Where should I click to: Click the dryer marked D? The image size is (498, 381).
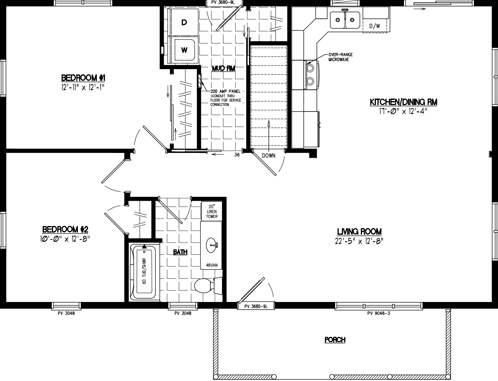(184, 23)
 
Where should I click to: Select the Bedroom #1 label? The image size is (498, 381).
(83, 77)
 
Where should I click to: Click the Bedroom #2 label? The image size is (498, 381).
(65, 229)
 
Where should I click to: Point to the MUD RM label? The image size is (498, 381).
(223, 68)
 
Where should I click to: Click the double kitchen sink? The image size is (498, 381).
(345, 19)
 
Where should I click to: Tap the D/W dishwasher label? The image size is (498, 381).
(374, 26)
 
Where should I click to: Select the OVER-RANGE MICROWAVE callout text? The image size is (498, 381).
(340, 57)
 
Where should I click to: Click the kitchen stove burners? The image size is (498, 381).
(310, 75)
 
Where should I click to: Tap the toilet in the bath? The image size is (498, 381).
(205, 285)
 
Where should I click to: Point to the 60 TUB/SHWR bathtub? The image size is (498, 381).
(144, 272)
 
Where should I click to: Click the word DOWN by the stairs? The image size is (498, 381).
(268, 156)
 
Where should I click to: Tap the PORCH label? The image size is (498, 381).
(335, 340)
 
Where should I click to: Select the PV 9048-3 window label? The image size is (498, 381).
(378, 313)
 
